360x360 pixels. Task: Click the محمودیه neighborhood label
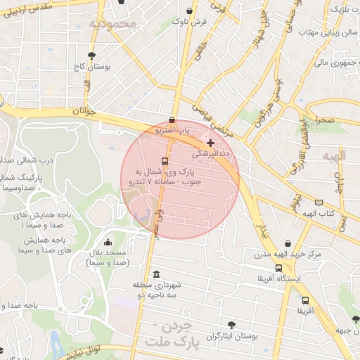(116, 24)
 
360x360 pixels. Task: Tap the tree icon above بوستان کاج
(91, 56)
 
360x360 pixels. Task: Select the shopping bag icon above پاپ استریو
(173, 120)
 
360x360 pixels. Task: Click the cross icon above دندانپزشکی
(210, 142)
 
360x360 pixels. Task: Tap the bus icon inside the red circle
(165, 160)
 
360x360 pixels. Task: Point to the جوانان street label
(82, 112)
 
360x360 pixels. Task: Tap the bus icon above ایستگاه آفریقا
(279, 268)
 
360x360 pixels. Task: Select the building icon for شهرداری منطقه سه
(155, 274)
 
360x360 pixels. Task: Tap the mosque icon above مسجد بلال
(107, 243)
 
